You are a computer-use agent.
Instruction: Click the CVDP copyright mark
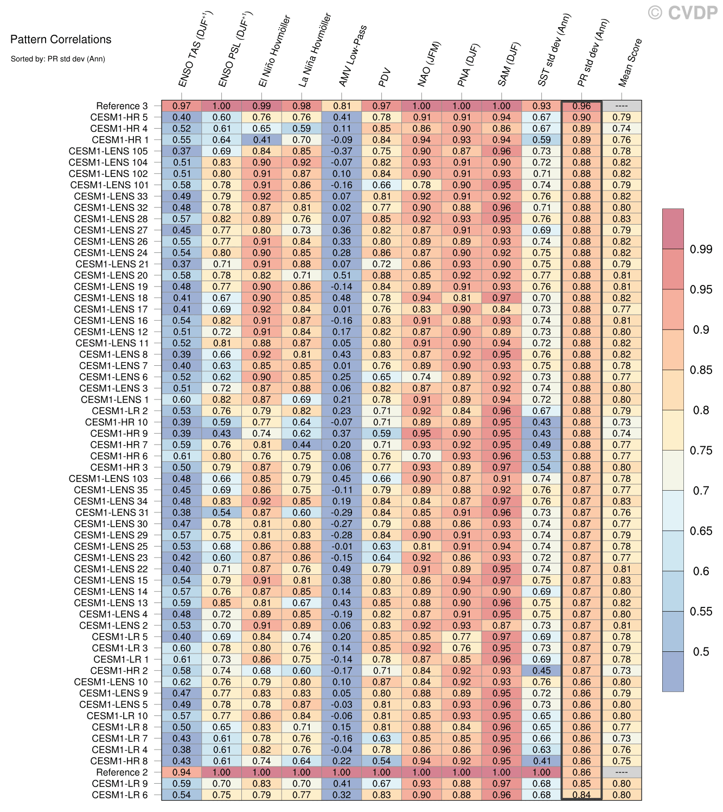(x=683, y=12)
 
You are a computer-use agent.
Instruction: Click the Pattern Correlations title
(x=61, y=40)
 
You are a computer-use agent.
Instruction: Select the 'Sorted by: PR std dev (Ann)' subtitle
(x=57, y=59)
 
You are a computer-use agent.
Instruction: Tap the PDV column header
(x=385, y=77)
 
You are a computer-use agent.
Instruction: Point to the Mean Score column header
(x=630, y=62)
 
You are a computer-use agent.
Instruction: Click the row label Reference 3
(x=121, y=106)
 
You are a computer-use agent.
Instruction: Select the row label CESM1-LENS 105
(x=108, y=151)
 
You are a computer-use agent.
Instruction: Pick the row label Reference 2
(x=121, y=772)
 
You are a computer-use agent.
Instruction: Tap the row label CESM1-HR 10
(x=116, y=422)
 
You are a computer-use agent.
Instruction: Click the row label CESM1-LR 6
(x=119, y=795)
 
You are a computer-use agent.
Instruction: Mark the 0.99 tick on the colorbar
(x=701, y=249)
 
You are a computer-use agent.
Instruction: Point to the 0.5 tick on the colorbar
(x=701, y=651)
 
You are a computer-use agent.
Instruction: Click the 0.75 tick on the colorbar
(x=701, y=451)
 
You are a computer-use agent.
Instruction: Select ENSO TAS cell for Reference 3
(x=182, y=106)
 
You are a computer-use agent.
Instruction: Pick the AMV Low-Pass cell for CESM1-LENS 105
(x=342, y=151)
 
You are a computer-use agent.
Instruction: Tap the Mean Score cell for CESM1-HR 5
(x=622, y=117)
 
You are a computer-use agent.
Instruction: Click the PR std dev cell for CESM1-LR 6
(x=581, y=795)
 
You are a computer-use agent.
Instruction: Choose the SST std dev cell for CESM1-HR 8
(x=541, y=761)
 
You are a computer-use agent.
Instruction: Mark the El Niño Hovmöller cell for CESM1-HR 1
(x=261, y=139)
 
